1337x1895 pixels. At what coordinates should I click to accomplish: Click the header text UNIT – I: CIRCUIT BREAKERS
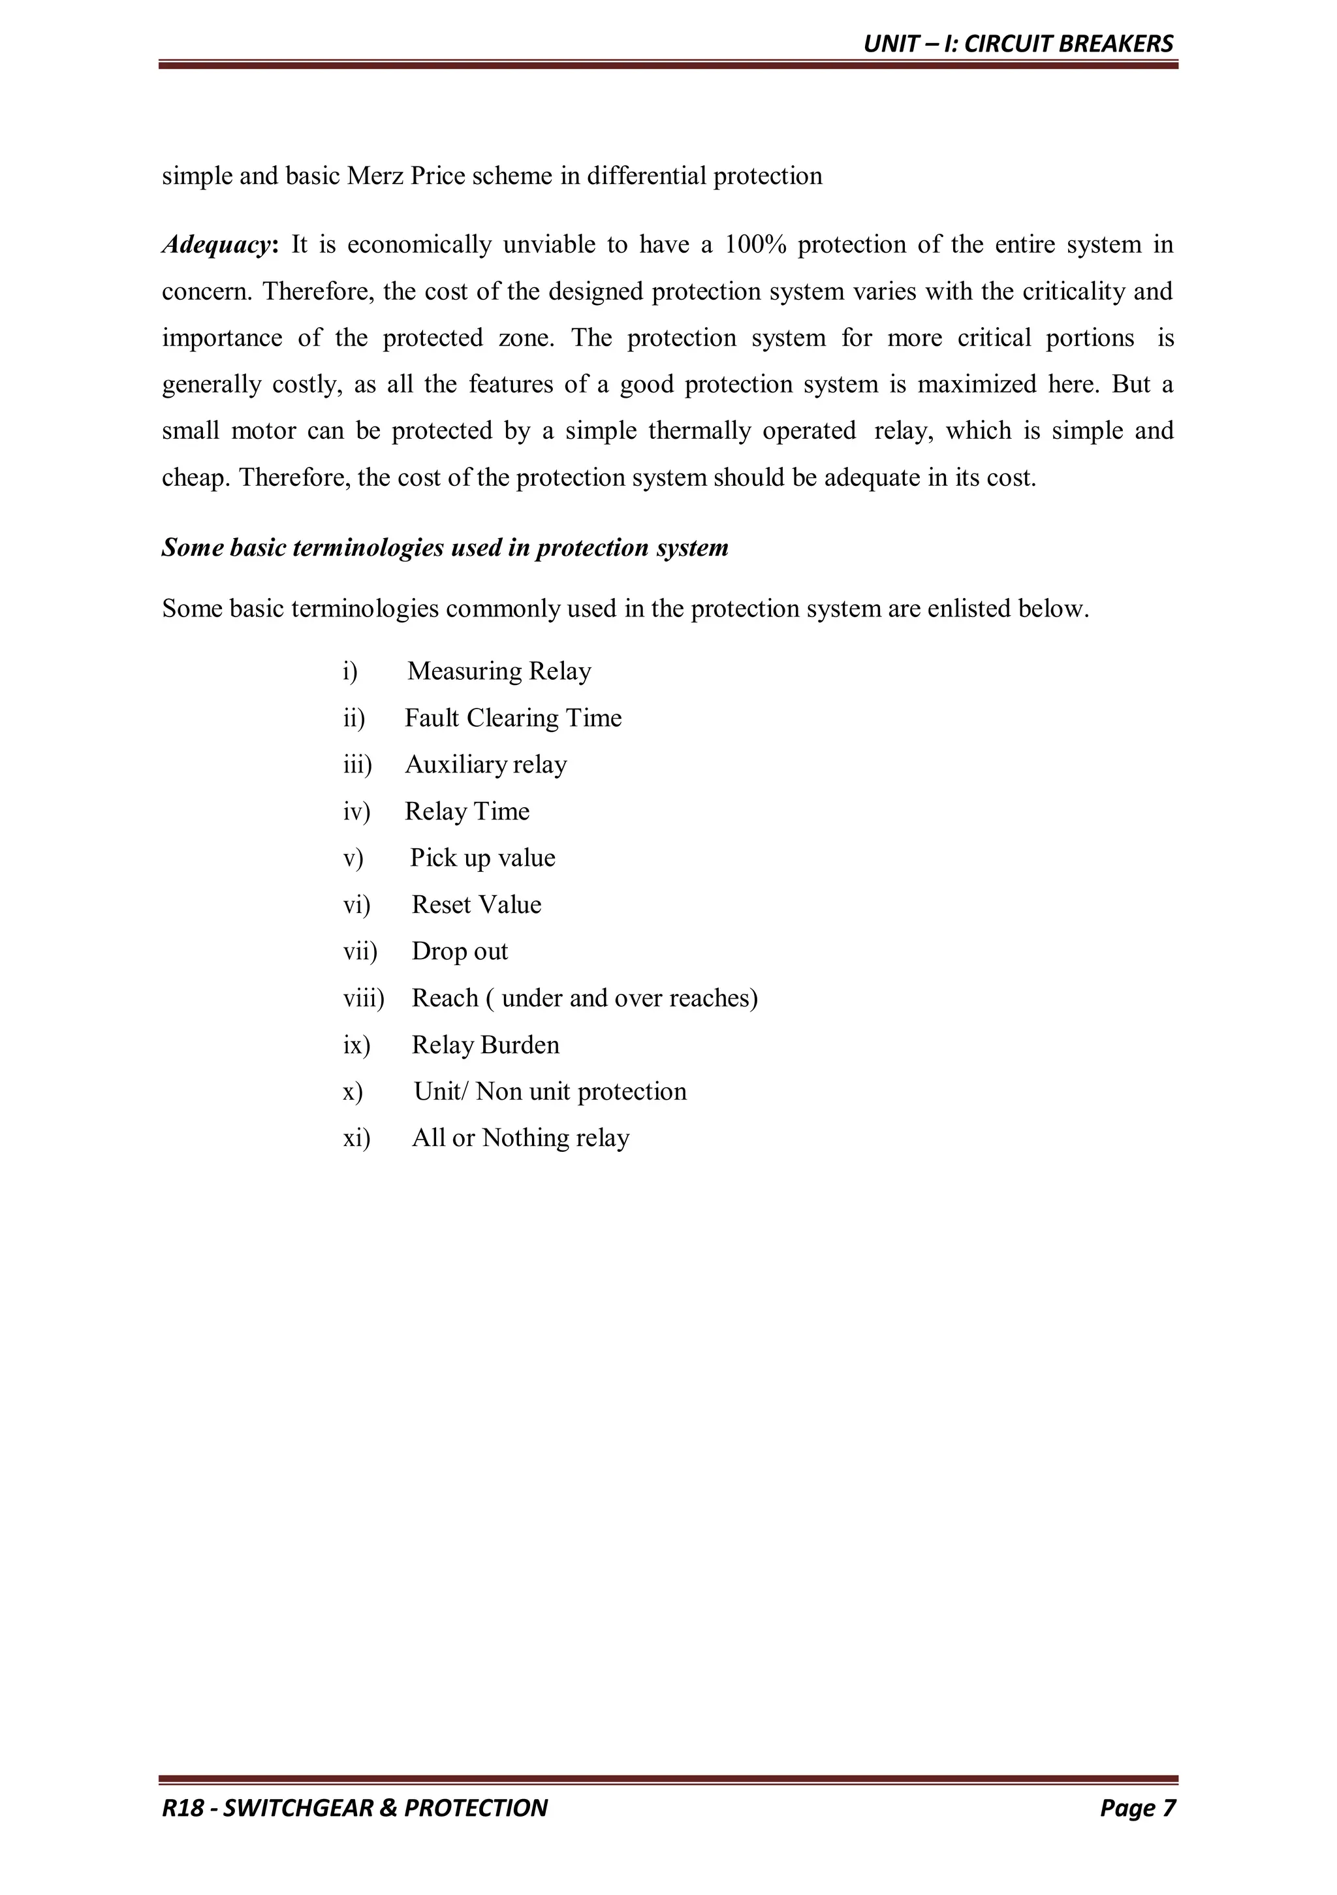pyautogui.click(x=1018, y=44)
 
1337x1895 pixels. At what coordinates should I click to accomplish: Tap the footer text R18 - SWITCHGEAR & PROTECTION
pyautogui.click(x=355, y=1807)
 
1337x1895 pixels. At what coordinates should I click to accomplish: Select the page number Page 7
pyautogui.click(x=1137, y=1807)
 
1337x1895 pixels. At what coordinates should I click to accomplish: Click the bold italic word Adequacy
pyautogui.click(x=216, y=245)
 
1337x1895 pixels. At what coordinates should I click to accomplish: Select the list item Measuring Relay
pyautogui.click(x=499, y=671)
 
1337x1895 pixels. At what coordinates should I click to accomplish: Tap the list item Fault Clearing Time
pyautogui.click(x=512, y=718)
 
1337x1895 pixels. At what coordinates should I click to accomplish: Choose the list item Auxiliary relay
pyautogui.click(x=485, y=765)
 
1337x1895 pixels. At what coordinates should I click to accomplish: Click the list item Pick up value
pyautogui.click(x=482, y=858)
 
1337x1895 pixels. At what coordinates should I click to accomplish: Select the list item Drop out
pyautogui.click(x=460, y=951)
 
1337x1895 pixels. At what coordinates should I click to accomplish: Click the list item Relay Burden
pyautogui.click(x=485, y=1045)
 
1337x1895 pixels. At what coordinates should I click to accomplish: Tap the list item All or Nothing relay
pyautogui.click(x=520, y=1138)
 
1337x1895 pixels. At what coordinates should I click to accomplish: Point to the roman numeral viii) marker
pyautogui.click(x=363, y=998)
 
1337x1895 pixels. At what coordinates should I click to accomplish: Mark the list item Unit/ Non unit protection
pyautogui.click(x=550, y=1092)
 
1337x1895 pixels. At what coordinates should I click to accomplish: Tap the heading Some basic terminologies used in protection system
pyautogui.click(x=444, y=548)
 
